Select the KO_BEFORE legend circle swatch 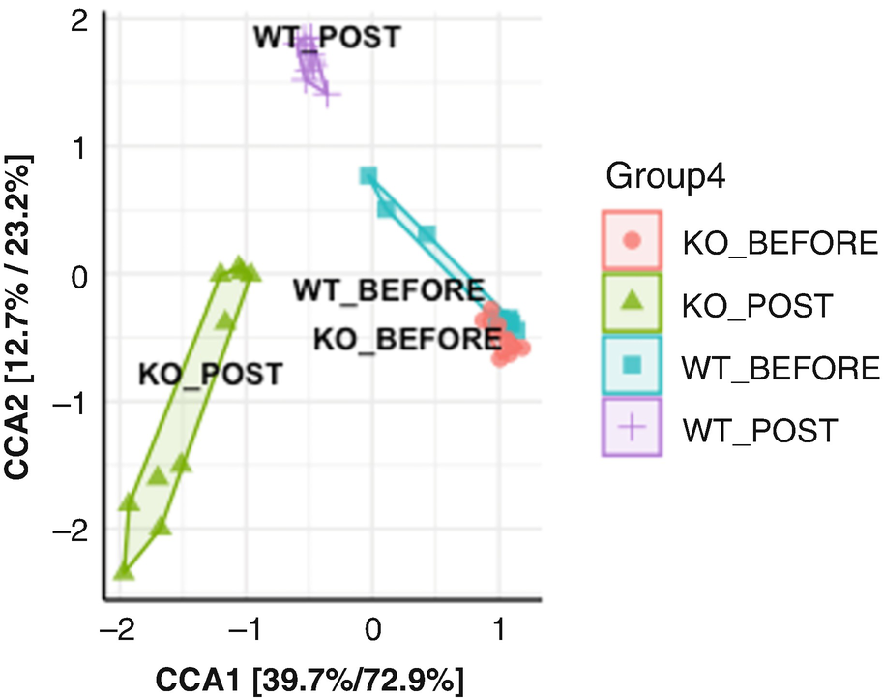631,239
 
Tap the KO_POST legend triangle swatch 631,302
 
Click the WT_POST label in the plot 326,37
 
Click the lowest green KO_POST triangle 124,573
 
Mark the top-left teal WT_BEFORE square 368,176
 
